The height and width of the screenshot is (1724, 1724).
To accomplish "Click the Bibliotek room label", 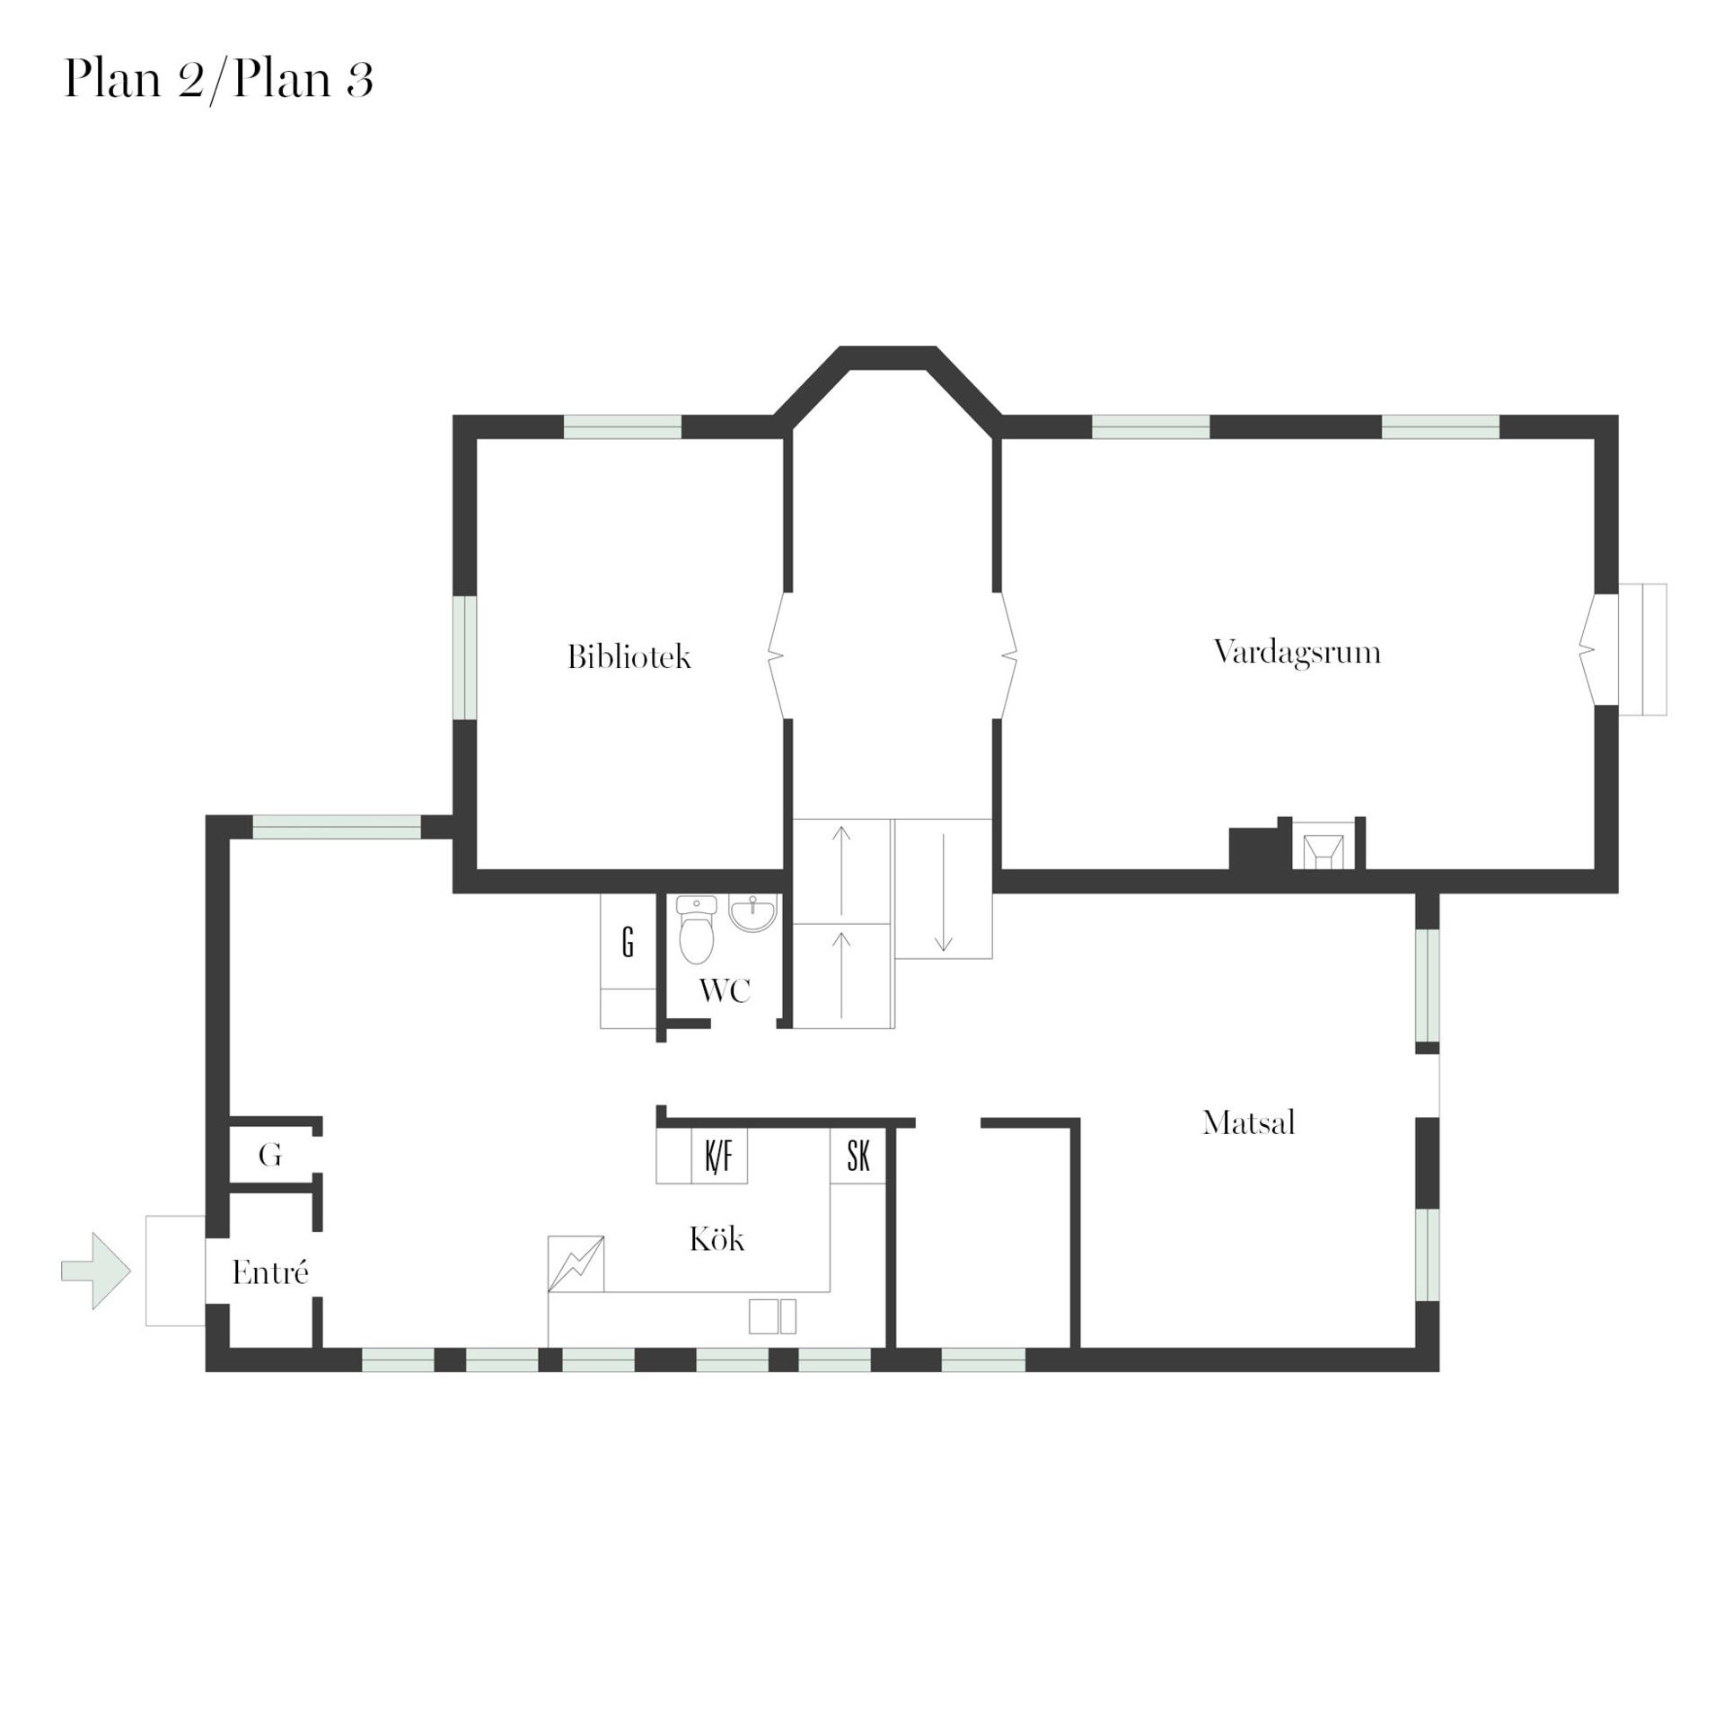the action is pyautogui.click(x=629, y=657).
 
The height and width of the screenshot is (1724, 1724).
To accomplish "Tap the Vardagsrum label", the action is pyautogui.click(x=1297, y=653).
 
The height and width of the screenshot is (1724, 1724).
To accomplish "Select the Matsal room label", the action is pyautogui.click(x=1248, y=1123).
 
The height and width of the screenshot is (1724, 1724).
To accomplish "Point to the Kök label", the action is pyautogui.click(x=717, y=1239).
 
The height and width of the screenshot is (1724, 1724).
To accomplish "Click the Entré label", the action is pyautogui.click(x=270, y=1272).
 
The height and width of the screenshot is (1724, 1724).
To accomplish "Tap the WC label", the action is pyautogui.click(x=725, y=991).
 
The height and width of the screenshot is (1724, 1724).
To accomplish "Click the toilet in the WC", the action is pyautogui.click(x=696, y=929).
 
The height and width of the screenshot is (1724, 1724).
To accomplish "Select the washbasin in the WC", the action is pyautogui.click(x=752, y=913).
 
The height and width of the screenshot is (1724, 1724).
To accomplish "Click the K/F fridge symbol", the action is pyautogui.click(x=719, y=1157).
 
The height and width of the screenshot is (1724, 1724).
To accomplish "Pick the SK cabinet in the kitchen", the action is pyautogui.click(x=858, y=1157).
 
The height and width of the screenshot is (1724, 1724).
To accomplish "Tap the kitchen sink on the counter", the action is pyautogui.click(x=772, y=1316).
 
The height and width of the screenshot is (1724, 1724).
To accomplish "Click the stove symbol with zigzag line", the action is pyautogui.click(x=576, y=1264).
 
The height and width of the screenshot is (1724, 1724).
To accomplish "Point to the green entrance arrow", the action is pyautogui.click(x=96, y=1271).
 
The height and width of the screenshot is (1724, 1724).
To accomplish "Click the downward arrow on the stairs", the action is pyautogui.click(x=944, y=893).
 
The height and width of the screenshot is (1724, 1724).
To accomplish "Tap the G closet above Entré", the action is pyautogui.click(x=270, y=1156).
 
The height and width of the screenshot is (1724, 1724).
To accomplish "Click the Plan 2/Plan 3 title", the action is pyautogui.click(x=218, y=80).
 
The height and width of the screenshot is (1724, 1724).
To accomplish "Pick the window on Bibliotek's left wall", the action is pyautogui.click(x=464, y=657).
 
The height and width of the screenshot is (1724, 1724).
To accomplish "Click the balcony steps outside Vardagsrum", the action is pyautogui.click(x=1642, y=649).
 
